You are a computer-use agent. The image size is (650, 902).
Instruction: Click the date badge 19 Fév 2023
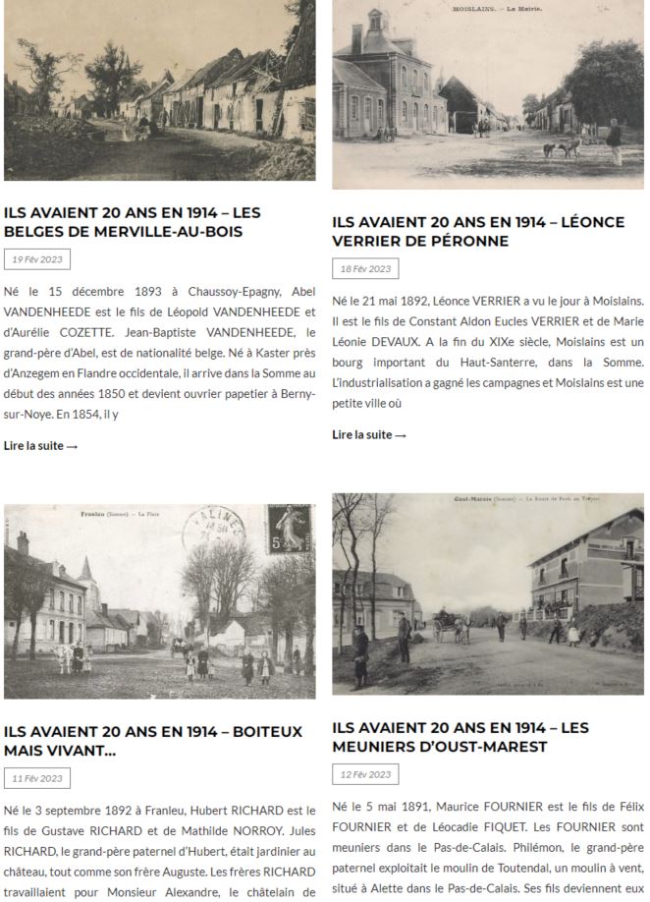click(x=37, y=259)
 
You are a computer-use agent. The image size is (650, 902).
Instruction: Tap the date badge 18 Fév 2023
click(x=365, y=269)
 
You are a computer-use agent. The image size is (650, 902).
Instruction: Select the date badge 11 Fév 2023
click(x=37, y=778)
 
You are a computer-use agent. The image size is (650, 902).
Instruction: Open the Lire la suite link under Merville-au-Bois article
click(x=40, y=446)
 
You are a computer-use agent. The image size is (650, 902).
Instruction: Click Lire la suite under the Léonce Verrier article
click(x=369, y=435)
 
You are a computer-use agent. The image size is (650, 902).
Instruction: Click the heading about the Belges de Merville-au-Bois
click(x=133, y=222)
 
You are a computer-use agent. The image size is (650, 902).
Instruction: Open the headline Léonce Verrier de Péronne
click(x=478, y=232)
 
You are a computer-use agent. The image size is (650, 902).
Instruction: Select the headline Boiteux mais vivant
click(x=152, y=741)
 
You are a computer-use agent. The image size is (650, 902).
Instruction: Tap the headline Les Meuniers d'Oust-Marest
click(x=460, y=737)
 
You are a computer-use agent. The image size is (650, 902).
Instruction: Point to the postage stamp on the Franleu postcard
click(x=291, y=532)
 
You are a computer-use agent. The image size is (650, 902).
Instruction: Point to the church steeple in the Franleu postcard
click(x=86, y=570)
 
